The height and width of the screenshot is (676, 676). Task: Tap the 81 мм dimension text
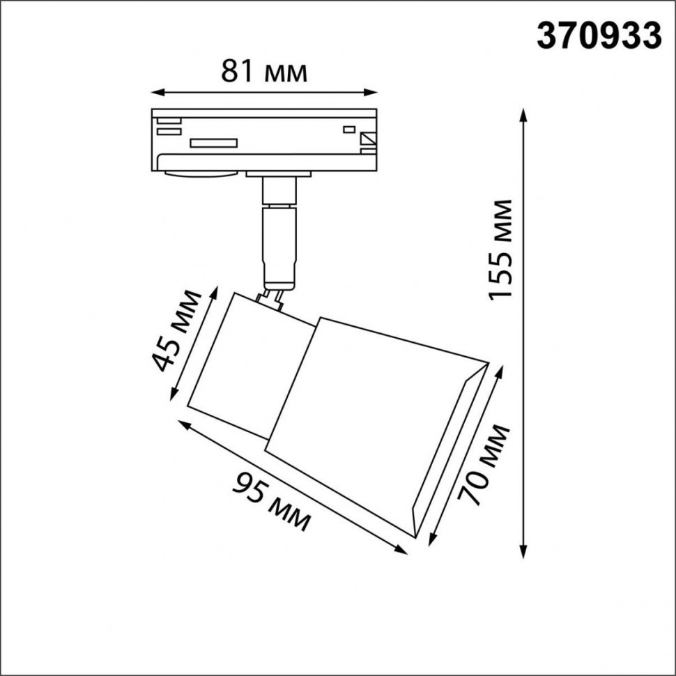point(264,71)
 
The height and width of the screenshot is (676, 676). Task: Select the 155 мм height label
point(501,249)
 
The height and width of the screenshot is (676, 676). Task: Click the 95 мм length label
point(272,501)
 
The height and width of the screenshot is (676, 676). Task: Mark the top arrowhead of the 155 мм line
point(523,114)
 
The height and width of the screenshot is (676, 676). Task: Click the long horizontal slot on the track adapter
point(215,143)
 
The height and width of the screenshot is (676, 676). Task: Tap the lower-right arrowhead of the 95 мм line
point(402,550)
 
